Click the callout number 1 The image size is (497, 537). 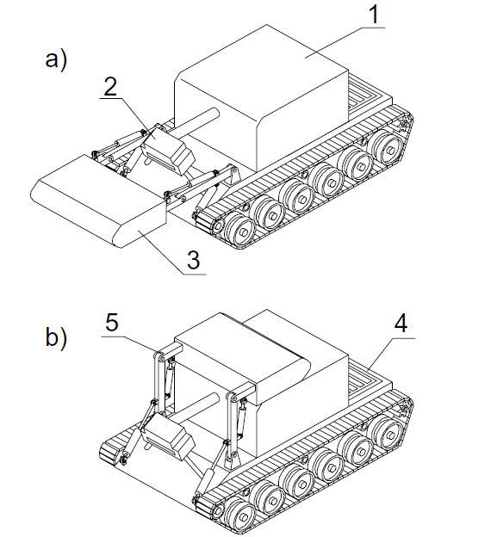pos(375,15)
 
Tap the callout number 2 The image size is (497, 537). pos(111,86)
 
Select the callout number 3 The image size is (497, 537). pos(194,260)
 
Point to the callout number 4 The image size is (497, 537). pos(401,323)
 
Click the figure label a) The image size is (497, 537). pos(56,60)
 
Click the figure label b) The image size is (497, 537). pos(56,337)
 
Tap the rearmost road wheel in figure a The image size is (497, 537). pos(387,148)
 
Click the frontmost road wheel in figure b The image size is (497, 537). pos(240,515)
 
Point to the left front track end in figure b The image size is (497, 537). pos(110,454)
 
